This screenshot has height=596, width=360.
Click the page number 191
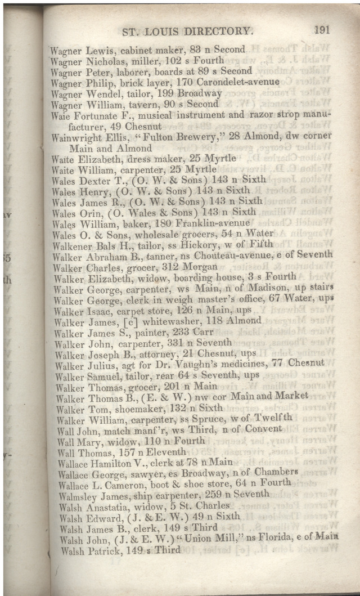(322, 30)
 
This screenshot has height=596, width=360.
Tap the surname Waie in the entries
(60, 115)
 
